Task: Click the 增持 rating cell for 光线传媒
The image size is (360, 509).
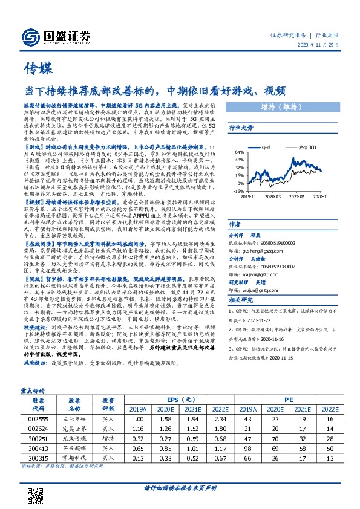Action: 108,439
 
